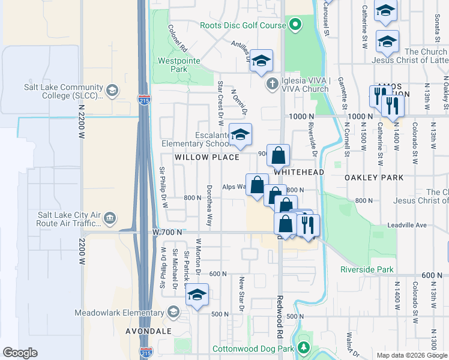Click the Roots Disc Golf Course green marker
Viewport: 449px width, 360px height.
tap(295, 25)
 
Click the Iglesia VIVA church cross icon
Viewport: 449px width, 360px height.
tap(272, 83)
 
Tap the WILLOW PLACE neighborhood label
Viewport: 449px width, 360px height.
tap(207, 157)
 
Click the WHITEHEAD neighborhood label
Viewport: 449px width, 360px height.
tap(299, 172)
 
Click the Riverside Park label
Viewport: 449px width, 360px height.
tap(366, 269)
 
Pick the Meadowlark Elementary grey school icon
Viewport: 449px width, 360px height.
tap(173, 312)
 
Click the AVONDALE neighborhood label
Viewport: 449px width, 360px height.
tap(148, 331)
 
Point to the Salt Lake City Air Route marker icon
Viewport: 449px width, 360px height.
tap(110, 217)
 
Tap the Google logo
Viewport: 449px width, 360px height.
tap(20, 353)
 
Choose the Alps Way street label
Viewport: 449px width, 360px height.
tap(234, 187)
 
